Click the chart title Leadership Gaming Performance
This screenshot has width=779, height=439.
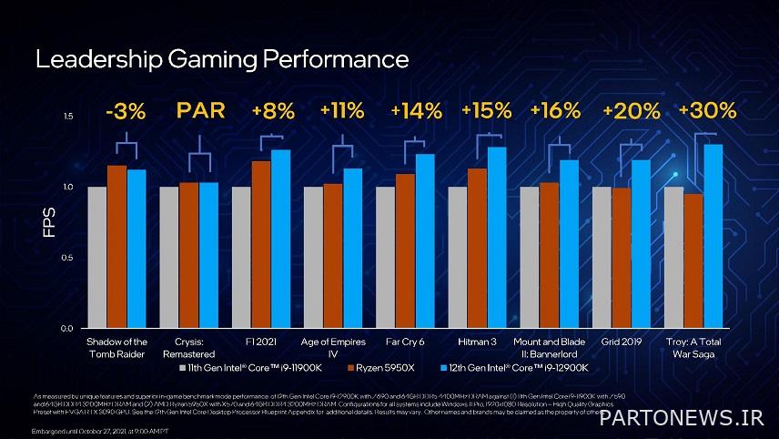pos(222,60)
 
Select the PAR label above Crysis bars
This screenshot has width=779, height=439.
pos(198,111)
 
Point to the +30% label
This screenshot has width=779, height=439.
pos(707,111)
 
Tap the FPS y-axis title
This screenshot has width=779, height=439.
pos(51,221)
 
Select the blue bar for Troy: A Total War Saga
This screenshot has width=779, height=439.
pos(713,237)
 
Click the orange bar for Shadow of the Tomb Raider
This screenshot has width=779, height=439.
pos(116,246)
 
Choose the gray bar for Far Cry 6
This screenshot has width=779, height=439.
pos(386,257)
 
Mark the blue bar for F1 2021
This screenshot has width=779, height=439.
pos(280,239)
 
